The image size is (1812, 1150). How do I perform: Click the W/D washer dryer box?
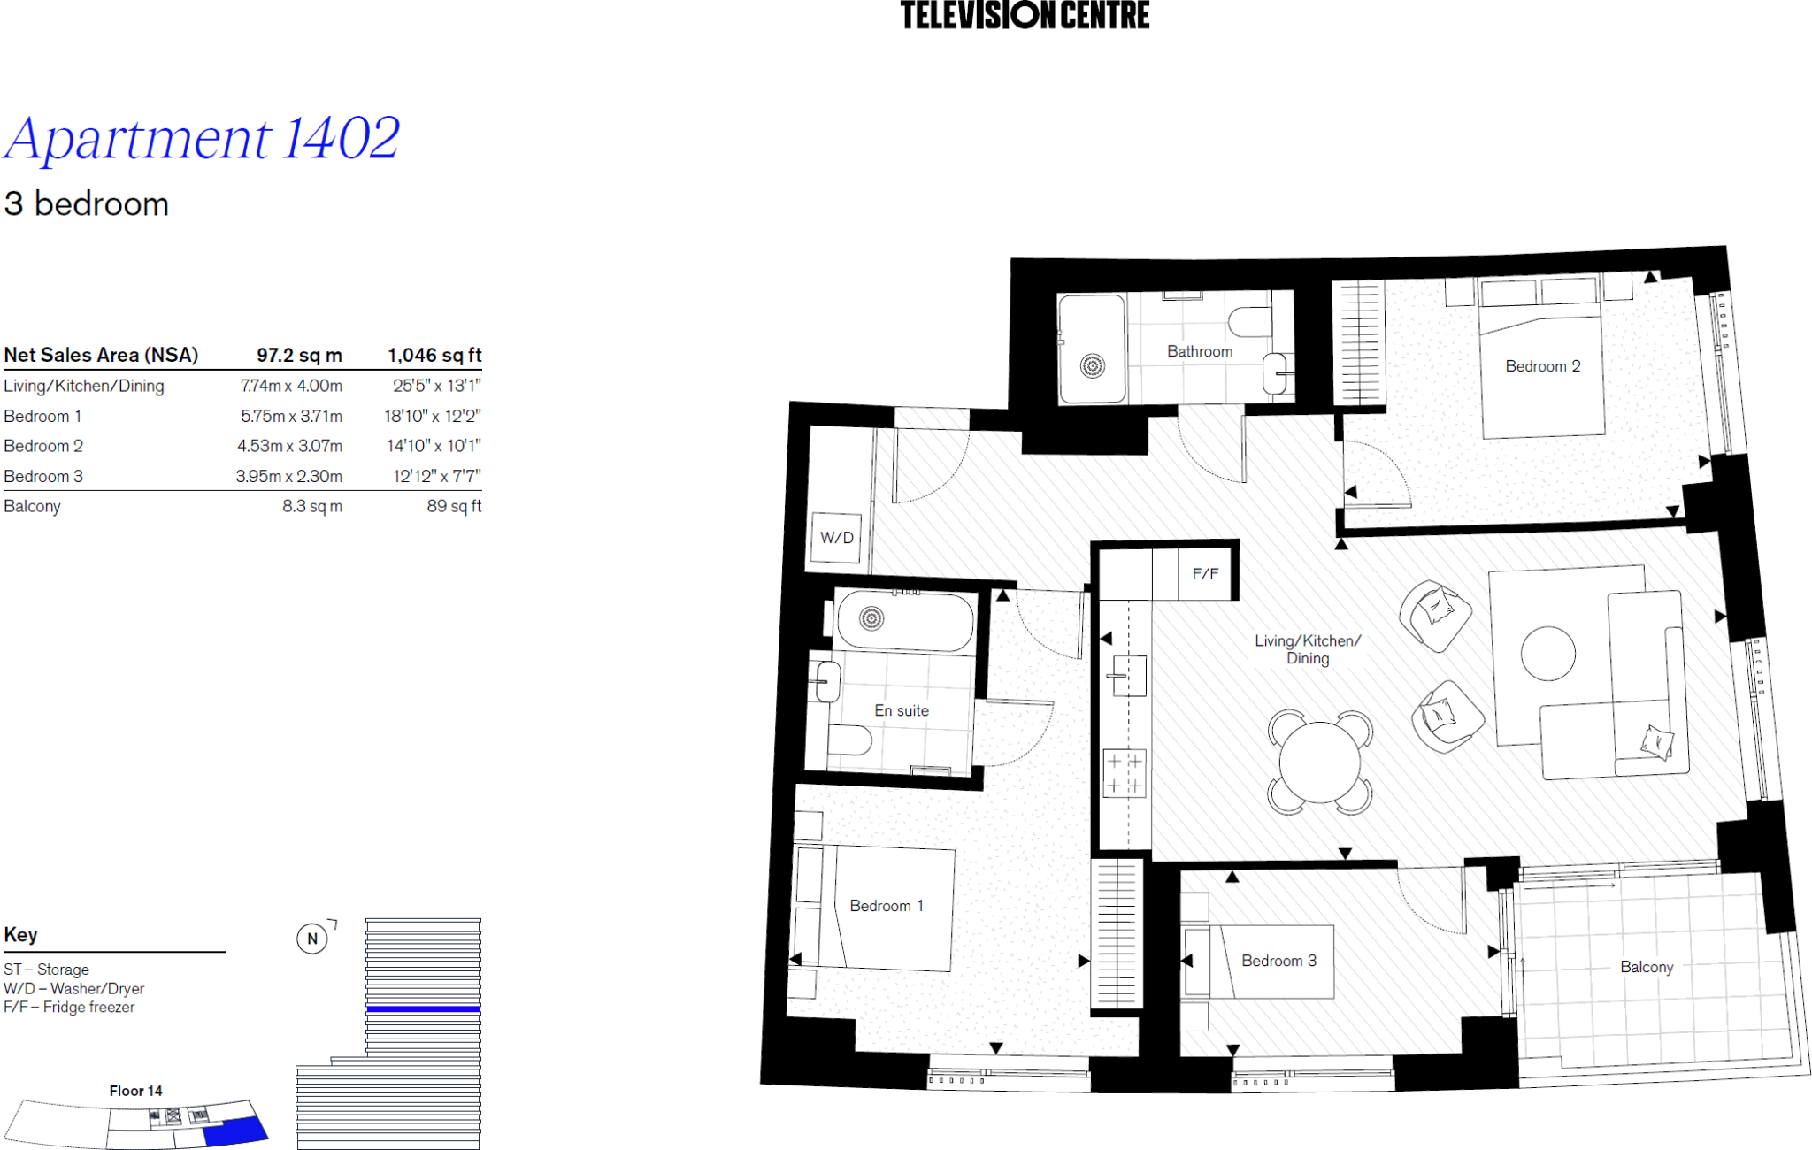836,537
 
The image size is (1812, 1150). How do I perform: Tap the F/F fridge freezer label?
1205,574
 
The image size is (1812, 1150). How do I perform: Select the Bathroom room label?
1199,351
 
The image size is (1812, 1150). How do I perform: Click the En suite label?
901,710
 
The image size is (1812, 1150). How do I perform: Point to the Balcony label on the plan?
1646,967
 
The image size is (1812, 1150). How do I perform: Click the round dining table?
1319,762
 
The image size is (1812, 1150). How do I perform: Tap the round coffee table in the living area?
1547,654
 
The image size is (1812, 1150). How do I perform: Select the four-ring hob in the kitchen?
1124,773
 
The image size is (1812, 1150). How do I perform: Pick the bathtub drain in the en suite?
871,618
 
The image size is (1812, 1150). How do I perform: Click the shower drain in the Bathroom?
1093,364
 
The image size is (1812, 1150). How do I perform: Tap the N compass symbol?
311,939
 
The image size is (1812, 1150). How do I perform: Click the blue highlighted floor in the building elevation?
423,1008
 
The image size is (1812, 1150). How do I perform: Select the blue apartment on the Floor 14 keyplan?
234,1131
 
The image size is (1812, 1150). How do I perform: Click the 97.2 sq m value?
299,356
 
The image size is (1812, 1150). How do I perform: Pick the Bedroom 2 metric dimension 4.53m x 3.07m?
289,446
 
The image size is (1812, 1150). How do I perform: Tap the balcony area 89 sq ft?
454,506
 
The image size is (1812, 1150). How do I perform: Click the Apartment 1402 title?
202,139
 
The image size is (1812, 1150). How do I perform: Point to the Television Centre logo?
1025,15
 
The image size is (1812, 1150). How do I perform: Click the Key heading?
20,935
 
